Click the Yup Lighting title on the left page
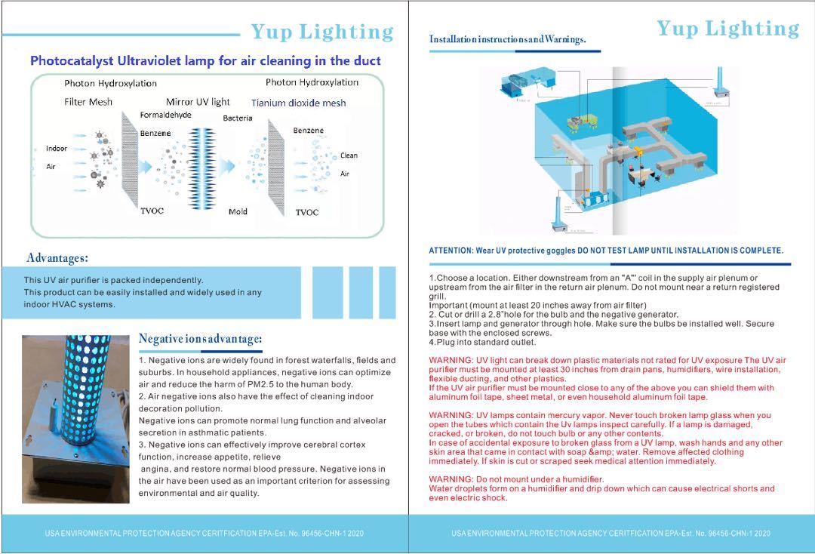322,32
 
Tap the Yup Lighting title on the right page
727,29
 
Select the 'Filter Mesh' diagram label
88,102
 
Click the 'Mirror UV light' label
198,102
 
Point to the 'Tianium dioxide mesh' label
298,103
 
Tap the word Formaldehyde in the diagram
165,115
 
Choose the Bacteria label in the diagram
238,118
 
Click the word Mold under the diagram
238,212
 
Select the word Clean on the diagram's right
349,155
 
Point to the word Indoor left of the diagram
57,148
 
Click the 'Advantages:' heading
57,258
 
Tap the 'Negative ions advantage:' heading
200,338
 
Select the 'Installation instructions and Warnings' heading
507,39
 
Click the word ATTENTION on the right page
451,251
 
